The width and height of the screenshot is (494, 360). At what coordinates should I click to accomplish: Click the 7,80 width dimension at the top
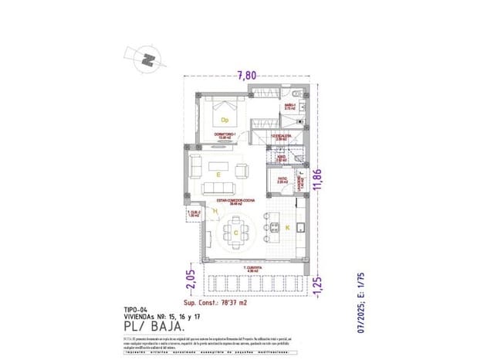pyautogui.click(x=247, y=76)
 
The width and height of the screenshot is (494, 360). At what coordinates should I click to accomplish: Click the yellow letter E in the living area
pyautogui.click(x=218, y=175)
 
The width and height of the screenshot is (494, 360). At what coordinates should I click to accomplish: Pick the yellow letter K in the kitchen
pyautogui.click(x=288, y=228)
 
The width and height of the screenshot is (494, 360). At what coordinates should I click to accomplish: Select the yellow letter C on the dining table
pyautogui.click(x=235, y=230)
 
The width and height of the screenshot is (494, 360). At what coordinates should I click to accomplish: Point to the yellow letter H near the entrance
pyautogui.click(x=215, y=210)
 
